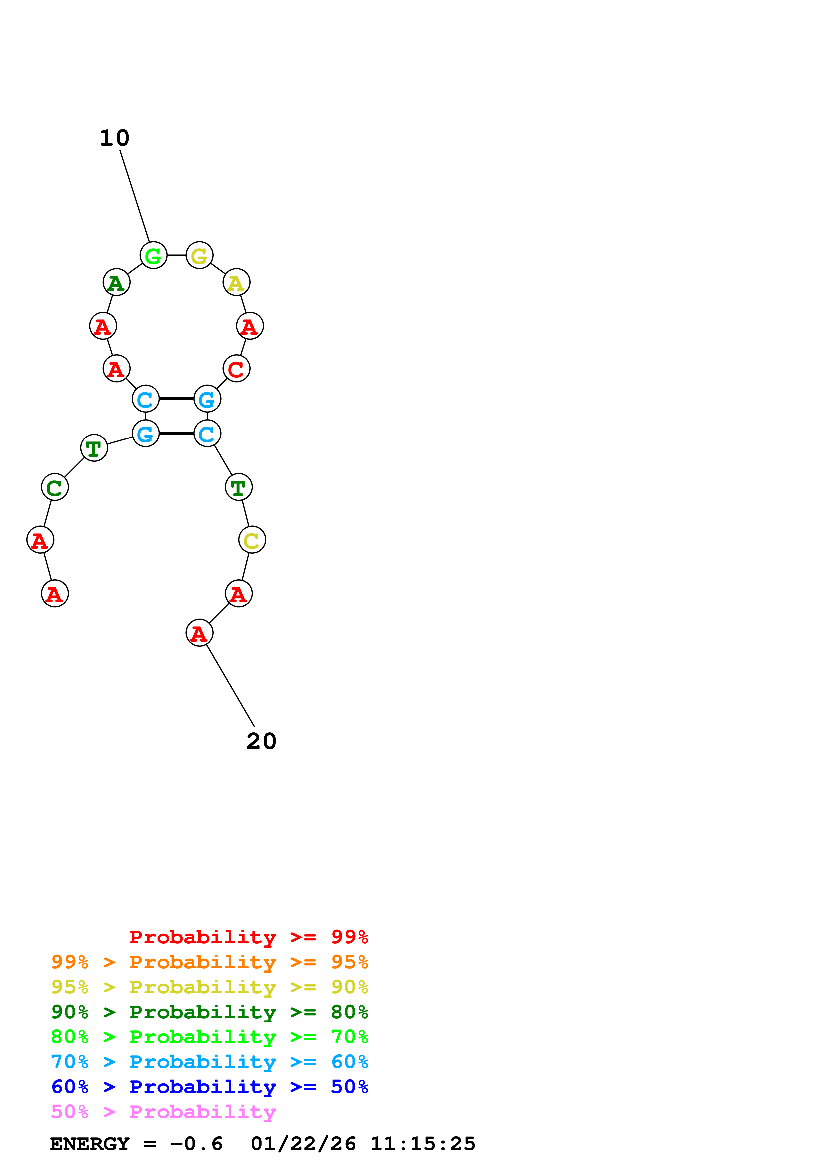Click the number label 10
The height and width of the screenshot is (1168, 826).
click(115, 138)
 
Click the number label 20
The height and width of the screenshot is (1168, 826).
click(261, 742)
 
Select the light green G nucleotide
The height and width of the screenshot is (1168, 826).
click(153, 255)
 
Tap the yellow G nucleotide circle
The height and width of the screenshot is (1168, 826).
click(199, 255)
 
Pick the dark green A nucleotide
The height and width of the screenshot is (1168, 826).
click(117, 282)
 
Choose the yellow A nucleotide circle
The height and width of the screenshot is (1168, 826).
click(236, 282)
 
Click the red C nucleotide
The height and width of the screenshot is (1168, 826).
click(236, 369)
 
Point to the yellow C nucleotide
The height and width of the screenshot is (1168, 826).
click(252, 540)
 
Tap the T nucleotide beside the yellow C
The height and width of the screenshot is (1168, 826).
click(238, 487)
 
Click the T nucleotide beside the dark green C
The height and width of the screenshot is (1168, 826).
click(94, 448)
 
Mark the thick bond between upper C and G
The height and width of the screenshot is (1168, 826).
click(176, 398)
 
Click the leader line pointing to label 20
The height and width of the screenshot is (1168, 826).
click(230, 685)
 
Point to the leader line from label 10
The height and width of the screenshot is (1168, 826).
click(135, 196)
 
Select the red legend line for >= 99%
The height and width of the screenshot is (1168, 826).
click(248, 937)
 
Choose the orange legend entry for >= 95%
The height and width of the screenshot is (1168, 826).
click(209, 962)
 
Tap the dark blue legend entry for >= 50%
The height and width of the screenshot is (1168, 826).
click(209, 1087)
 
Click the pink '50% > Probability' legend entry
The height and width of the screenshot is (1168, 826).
click(163, 1112)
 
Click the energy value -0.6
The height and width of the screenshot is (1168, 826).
click(197, 1144)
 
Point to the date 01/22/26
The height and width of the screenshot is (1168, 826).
click(303, 1144)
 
